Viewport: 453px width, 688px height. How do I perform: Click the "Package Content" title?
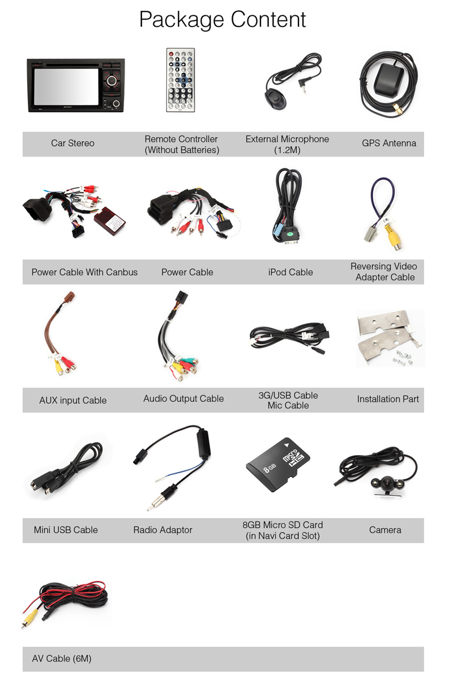[x=223, y=20]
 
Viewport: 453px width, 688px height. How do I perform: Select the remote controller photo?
[x=180, y=80]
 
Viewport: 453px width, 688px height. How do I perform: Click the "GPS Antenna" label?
[x=388, y=143]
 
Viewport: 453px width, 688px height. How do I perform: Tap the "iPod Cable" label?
[x=290, y=272]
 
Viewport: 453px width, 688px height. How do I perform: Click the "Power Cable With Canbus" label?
[x=84, y=272]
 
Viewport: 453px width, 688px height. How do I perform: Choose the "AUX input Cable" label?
[x=72, y=400]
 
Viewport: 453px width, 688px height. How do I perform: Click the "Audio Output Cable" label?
[x=183, y=398]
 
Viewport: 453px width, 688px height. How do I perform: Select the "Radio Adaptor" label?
[x=163, y=530]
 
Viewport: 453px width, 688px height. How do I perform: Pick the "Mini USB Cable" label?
[x=66, y=530]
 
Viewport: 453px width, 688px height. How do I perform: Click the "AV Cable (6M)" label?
[x=61, y=659]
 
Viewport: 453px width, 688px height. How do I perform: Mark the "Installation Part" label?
[x=387, y=399]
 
